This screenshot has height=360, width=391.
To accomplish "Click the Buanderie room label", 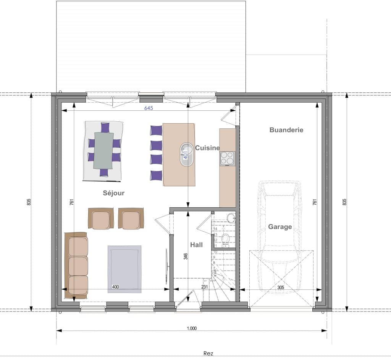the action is (286, 130).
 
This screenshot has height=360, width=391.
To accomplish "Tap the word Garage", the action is (280, 227).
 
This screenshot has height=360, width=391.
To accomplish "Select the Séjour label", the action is (114, 193).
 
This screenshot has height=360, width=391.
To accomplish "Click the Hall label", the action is (197, 245).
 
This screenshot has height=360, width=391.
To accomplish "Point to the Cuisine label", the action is (207, 148).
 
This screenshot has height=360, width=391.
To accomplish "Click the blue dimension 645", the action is (149, 108).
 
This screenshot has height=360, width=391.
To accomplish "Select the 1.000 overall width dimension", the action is (192, 328).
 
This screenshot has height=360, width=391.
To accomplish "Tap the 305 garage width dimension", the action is (281, 287).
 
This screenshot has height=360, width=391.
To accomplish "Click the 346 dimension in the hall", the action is (186, 256).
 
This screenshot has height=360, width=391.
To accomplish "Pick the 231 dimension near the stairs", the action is (205, 287).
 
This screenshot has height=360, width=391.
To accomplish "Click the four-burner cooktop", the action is (228, 158).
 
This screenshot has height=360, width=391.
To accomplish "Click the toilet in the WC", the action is (226, 240).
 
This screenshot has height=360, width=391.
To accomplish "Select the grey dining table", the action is (103, 150).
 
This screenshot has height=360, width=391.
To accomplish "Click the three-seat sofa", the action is (76, 265).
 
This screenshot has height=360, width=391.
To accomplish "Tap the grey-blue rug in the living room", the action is (125, 269).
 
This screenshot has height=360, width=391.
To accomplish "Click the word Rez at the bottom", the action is (208, 353).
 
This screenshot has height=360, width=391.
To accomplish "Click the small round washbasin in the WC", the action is (231, 217).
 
